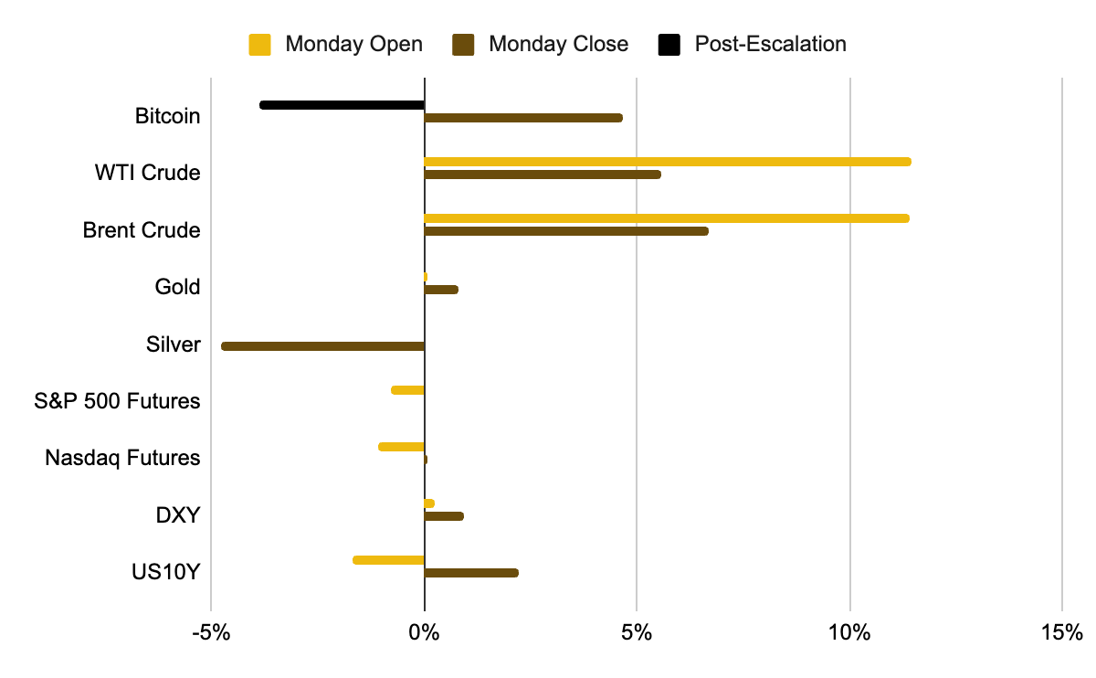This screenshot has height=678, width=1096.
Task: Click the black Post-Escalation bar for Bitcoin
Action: (x=342, y=105)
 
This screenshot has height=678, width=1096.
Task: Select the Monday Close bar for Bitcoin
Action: (x=523, y=118)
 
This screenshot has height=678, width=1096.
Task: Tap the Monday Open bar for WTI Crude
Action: (x=667, y=162)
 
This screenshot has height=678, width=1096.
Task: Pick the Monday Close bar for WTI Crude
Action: (x=543, y=175)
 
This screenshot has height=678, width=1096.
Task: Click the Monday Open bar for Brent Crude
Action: (x=667, y=218)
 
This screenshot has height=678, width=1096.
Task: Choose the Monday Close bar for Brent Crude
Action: (x=566, y=231)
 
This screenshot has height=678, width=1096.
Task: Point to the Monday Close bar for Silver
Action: (x=323, y=346)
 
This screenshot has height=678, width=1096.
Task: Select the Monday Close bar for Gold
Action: (x=441, y=290)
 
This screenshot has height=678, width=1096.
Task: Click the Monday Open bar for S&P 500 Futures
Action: (x=407, y=390)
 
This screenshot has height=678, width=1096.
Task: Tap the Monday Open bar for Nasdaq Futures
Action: (x=401, y=447)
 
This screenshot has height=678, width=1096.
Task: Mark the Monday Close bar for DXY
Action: (x=444, y=516)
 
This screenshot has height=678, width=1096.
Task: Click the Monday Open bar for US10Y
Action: (x=388, y=560)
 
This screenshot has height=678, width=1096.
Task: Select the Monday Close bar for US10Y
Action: (x=471, y=573)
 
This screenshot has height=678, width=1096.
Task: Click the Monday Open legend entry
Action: (x=335, y=44)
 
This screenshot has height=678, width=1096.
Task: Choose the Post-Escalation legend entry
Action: (x=752, y=44)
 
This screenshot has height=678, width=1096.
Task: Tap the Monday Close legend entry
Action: (x=540, y=44)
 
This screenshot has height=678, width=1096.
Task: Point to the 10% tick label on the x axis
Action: (x=850, y=632)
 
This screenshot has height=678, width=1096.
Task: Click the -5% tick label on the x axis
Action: (x=211, y=632)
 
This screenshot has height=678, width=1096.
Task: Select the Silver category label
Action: (x=173, y=344)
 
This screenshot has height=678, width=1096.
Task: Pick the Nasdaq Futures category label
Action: (x=122, y=458)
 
